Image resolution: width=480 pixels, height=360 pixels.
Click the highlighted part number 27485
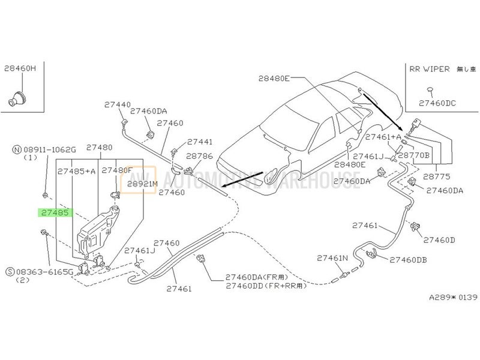pos(55,212)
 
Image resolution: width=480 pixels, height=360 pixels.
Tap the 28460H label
pos(20,69)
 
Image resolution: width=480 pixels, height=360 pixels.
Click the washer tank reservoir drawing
pos(96,231)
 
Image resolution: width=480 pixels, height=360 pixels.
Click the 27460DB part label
pos(408,260)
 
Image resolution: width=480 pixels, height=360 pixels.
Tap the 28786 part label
pos(199,155)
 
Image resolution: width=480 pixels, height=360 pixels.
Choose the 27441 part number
pos(200,142)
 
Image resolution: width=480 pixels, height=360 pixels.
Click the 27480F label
pos(116,170)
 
